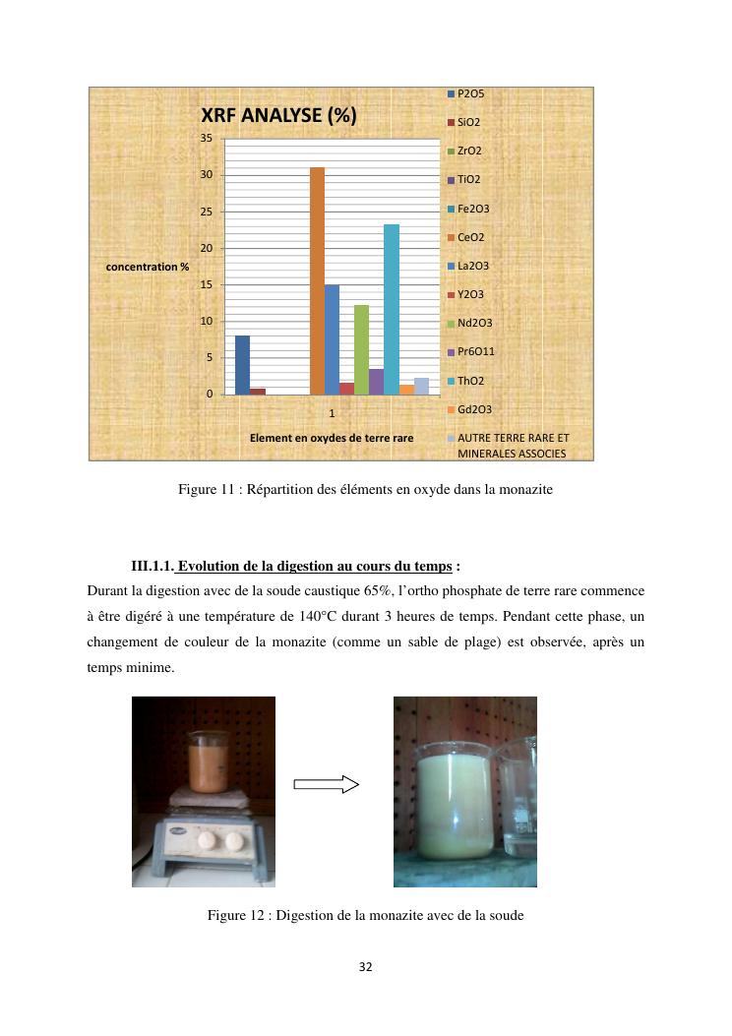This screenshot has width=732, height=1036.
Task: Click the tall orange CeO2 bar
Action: (x=317, y=280)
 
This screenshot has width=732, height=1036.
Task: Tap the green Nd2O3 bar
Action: (x=361, y=349)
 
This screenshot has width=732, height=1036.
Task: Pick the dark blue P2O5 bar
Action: (x=242, y=365)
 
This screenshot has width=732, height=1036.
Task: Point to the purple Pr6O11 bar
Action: (x=377, y=382)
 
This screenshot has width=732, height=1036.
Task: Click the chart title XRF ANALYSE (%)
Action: (x=278, y=116)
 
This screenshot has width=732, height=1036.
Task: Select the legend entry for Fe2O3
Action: (x=472, y=209)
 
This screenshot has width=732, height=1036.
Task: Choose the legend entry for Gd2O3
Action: (x=474, y=409)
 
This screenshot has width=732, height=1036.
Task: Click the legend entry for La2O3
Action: (x=472, y=266)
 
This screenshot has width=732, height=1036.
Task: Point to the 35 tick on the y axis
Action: (x=207, y=138)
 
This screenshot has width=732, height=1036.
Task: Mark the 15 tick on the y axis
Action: (x=207, y=284)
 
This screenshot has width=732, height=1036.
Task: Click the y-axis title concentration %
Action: (x=148, y=267)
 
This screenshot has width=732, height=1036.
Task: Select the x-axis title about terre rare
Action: (x=332, y=437)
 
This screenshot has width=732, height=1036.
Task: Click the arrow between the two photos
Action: (x=328, y=784)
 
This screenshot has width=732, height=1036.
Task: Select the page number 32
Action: (x=365, y=967)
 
